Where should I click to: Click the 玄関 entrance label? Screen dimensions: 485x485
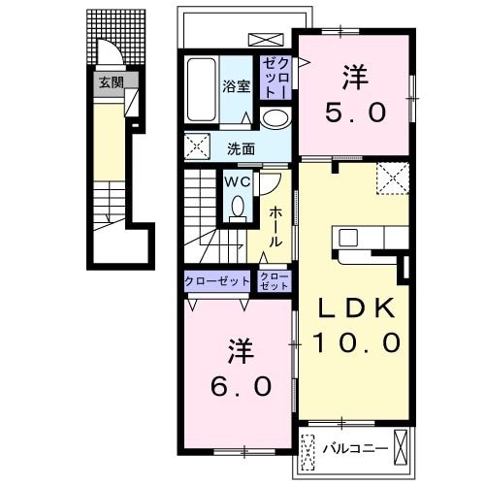pyautogui.click(x=110, y=82)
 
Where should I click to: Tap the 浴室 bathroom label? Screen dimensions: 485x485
pyautogui.click(x=237, y=85)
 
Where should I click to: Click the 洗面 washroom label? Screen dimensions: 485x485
pyautogui.click(x=242, y=148)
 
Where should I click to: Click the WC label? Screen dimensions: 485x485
pyautogui.click(x=238, y=181)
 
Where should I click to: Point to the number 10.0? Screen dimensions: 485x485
pyautogui.click(x=356, y=341)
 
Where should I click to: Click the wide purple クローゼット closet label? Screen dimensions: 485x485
pyautogui.click(x=218, y=282)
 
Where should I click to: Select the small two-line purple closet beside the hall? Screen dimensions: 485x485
pyautogui.click(x=275, y=282)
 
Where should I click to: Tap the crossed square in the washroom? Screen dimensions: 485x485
pyautogui.click(x=199, y=148)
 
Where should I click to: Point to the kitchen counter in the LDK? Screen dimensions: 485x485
pyautogui.click(x=369, y=238)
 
